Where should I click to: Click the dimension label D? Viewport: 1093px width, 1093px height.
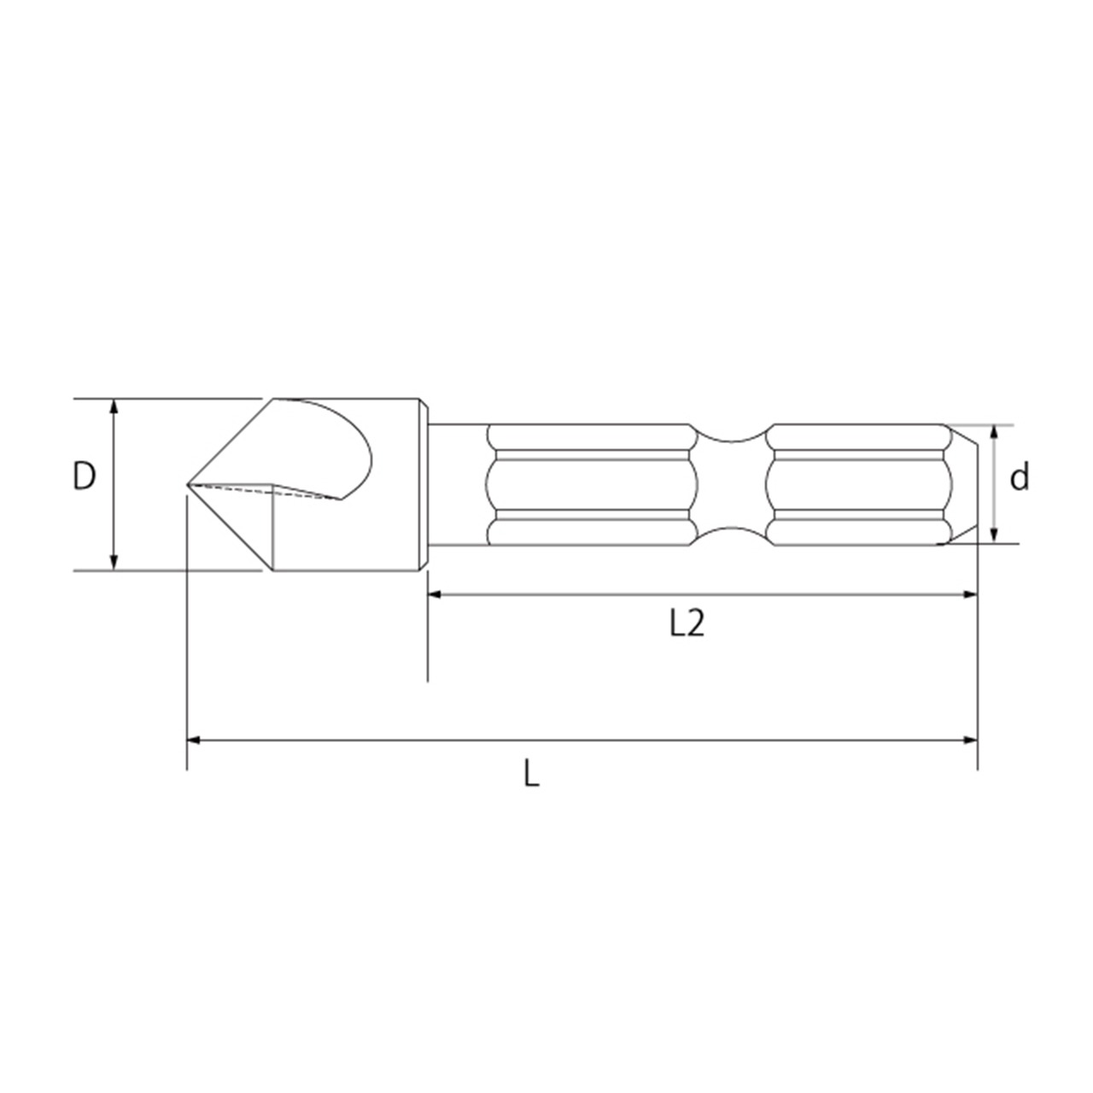point(85,476)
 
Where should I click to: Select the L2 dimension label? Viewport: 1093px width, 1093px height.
point(687,624)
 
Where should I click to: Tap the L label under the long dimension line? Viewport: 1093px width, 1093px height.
point(531,773)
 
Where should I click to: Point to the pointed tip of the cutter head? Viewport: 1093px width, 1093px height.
point(188,485)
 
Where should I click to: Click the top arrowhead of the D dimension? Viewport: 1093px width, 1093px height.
point(114,406)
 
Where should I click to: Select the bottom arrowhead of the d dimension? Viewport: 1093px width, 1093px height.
point(993,535)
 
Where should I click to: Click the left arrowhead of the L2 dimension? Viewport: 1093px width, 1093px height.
point(435,593)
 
